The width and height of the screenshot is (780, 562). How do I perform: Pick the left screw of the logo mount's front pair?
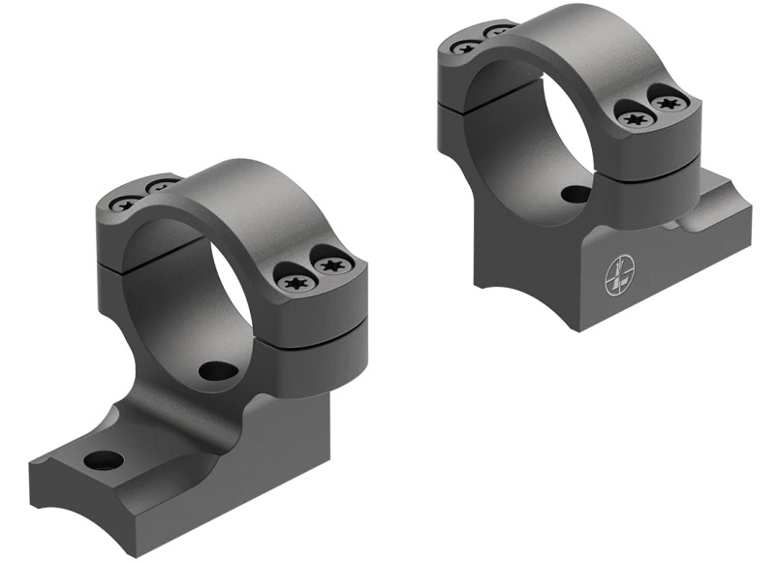pos(635,119)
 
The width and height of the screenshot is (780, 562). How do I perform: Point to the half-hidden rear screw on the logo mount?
pos(498,32)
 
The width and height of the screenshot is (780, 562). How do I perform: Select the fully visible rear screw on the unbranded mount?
pos(123,203)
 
